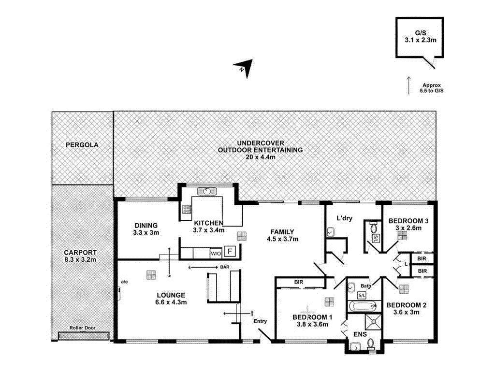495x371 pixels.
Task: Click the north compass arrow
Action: [x=245, y=68]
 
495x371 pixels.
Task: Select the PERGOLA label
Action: [x=82, y=144]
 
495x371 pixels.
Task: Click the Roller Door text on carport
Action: [x=82, y=328]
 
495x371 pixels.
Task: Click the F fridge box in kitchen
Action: [x=231, y=252]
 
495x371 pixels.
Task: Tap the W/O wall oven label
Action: [x=216, y=253]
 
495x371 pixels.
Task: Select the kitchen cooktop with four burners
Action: [x=187, y=209]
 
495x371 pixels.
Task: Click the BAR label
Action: [x=225, y=267]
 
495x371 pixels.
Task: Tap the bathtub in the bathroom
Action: [x=362, y=306]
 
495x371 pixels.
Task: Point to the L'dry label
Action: [x=344, y=219]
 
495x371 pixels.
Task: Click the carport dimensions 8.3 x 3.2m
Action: [x=80, y=260]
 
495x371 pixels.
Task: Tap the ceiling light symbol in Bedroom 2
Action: [x=404, y=289]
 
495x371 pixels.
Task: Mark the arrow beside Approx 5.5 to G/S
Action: [x=408, y=85]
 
